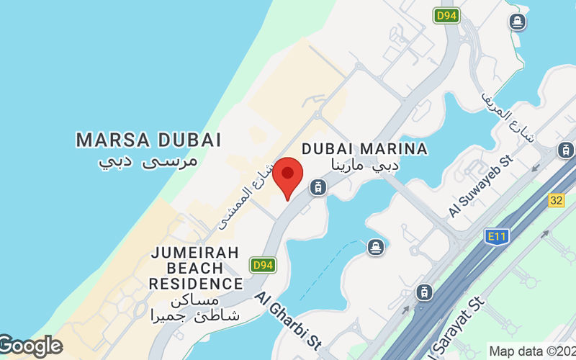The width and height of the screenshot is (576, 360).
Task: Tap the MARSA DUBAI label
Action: pyautogui.click(x=148, y=139)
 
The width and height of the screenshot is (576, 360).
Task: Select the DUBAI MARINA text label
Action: pyautogui.click(x=364, y=148)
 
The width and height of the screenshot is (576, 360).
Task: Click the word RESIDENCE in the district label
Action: pyautogui.click(x=196, y=283)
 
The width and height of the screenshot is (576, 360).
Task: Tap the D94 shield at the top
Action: pyautogui.click(x=446, y=15)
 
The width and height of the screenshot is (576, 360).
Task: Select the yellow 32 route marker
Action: pyautogui.click(x=556, y=200)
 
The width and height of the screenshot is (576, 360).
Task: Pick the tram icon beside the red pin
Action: pyautogui.click(x=316, y=188)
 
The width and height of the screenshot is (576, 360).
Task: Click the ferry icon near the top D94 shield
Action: pyautogui.click(x=516, y=22)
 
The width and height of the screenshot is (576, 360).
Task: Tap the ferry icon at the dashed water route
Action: pyautogui.click(x=375, y=248)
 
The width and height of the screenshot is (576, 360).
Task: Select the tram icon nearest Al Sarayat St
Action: pyautogui.click(x=424, y=292)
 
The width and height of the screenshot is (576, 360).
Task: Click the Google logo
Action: pyautogui.click(x=30, y=346)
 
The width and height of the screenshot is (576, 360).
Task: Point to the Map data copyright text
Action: pyautogui.click(x=531, y=351)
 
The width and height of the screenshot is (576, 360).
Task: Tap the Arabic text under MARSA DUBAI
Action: pyautogui.click(x=148, y=161)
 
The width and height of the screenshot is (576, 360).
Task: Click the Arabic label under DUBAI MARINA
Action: pyautogui.click(x=364, y=166)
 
